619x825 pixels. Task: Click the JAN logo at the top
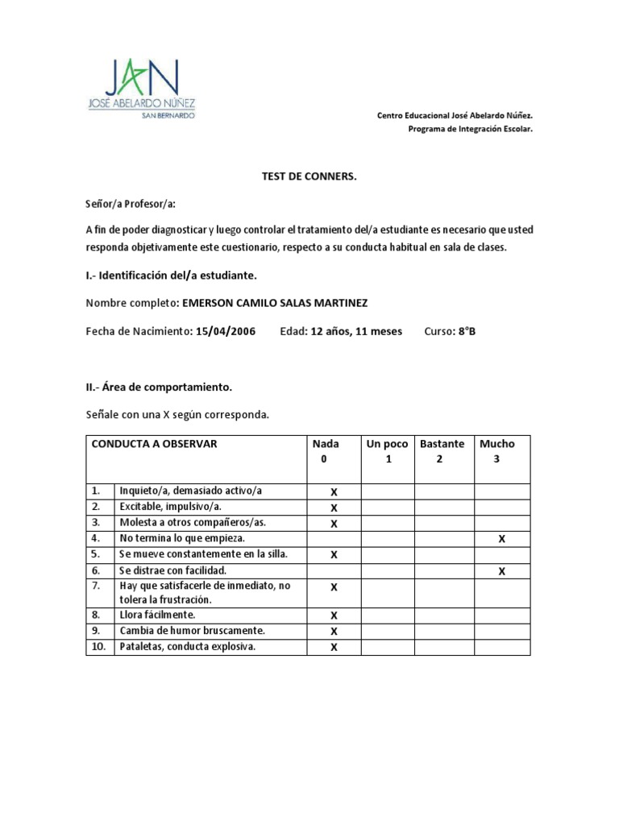click(x=143, y=87)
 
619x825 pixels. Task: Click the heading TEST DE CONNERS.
click(x=308, y=176)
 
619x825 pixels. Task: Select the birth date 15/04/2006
click(x=226, y=331)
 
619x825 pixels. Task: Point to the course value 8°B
click(x=467, y=331)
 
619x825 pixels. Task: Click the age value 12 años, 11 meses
click(x=356, y=331)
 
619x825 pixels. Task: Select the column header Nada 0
click(x=326, y=451)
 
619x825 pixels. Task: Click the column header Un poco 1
click(x=388, y=451)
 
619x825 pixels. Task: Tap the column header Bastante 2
click(x=442, y=451)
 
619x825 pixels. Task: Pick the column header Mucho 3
click(x=497, y=451)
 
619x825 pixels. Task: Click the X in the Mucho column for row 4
click(x=502, y=539)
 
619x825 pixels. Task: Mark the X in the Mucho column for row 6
click(x=502, y=570)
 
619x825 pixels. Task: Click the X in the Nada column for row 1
click(x=334, y=491)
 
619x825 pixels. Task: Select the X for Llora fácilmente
click(x=334, y=616)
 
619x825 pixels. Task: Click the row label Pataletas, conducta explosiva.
click(x=187, y=646)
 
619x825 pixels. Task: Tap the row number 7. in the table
click(x=96, y=586)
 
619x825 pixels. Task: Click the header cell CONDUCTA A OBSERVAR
click(x=154, y=444)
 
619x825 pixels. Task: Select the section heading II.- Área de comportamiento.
click(x=159, y=387)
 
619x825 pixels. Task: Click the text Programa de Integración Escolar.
click(x=471, y=129)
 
